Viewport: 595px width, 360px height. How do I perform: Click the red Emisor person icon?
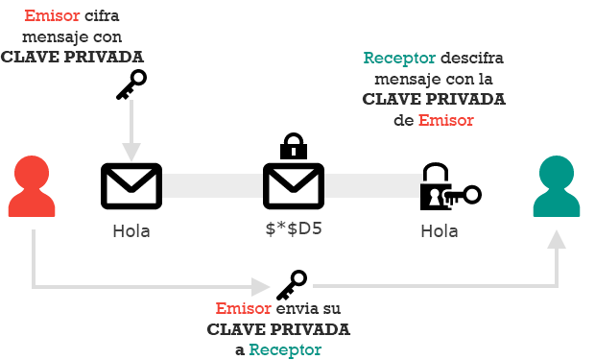(x=33, y=187)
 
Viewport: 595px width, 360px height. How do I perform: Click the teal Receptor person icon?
(x=558, y=187)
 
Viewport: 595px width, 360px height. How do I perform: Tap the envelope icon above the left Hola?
(x=131, y=186)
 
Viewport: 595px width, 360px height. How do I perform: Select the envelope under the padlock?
(x=294, y=186)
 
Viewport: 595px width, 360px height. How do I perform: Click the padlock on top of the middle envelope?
(x=294, y=148)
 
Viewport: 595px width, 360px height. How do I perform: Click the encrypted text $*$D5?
(x=294, y=231)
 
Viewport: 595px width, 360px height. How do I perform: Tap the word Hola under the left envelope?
(x=131, y=231)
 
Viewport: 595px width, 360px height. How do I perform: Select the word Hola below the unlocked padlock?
(x=440, y=231)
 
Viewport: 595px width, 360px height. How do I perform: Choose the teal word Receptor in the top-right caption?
(x=397, y=58)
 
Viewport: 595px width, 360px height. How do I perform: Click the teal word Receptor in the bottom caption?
(x=285, y=349)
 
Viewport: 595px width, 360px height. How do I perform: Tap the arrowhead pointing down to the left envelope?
(x=131, y=152)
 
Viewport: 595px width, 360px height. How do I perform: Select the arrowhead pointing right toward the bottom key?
(x=260, y=286)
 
